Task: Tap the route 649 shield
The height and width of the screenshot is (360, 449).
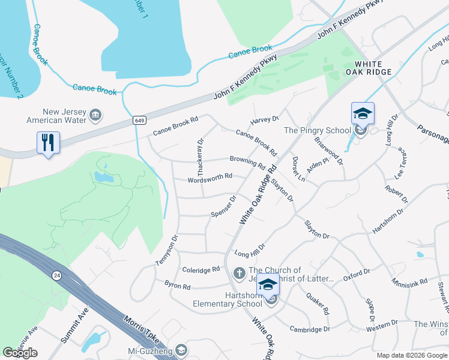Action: pyautogui.click(x=139, y=121)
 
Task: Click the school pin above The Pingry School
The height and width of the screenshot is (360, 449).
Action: pyautogui.click(x=363, y=113)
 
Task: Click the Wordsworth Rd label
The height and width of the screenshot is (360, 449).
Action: pyautogui.click(x=209, y=176)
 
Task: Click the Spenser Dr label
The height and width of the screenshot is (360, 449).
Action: pyautogui.click(x=224, y=206)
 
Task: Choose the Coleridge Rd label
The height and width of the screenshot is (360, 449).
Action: pyautogui.click(x=201, y=270)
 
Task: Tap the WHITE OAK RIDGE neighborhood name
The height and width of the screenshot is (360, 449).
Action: pyautogui.click(x=373, y=67)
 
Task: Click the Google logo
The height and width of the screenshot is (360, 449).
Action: pyautogui.click(x=20, y=353)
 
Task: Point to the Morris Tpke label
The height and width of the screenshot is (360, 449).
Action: pyautogui.click(x=142, y=329)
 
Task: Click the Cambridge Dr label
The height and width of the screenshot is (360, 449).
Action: pyautogui.click(x=310, y=329)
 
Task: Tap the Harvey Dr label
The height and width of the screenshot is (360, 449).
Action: pyautogui.click(x=265, y=120)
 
